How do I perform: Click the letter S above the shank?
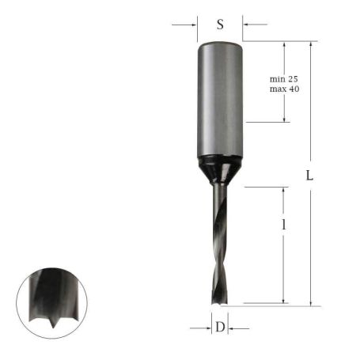click(220, 25)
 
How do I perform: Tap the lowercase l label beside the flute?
click(283, 225)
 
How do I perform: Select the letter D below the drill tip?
click(220, 326)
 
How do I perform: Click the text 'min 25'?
click(283, 79)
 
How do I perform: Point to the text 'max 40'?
click(283, 89)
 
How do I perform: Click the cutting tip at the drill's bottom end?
click(219, 301)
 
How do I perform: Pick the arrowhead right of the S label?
click(245, 25)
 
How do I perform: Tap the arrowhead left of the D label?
click(207, 326)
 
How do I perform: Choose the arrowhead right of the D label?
click(233, 326)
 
